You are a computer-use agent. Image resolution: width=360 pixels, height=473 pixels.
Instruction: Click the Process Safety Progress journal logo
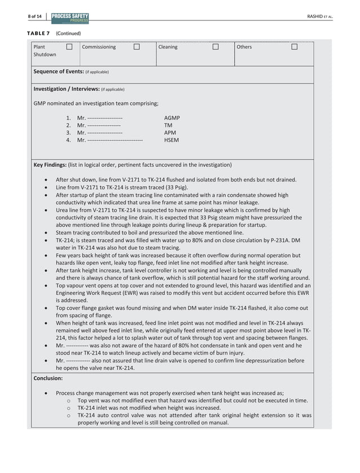69,17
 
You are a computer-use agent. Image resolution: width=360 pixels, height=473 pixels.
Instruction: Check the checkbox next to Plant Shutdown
69,47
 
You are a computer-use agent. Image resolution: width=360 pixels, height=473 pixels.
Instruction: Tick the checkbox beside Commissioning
137,47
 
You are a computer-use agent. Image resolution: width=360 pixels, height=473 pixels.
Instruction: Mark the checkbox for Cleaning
215,47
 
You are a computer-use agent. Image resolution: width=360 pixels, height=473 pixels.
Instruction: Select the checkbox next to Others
294,47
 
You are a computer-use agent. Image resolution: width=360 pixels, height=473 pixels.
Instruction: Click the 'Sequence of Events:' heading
58,72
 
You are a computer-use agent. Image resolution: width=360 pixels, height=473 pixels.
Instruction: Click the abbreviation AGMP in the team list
172,118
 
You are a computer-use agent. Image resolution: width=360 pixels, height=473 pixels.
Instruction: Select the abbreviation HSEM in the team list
171,140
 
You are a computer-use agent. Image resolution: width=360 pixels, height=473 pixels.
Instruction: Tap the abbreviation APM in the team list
169,132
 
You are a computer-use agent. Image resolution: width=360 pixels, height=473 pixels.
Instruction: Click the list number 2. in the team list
68,125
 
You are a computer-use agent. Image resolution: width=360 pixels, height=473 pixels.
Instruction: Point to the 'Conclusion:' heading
48,379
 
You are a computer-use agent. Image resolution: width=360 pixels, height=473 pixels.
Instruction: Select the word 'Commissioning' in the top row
99,47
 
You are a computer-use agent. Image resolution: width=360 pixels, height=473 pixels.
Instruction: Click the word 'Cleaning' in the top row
168,47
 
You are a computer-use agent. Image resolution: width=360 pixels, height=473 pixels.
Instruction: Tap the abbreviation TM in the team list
168,125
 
